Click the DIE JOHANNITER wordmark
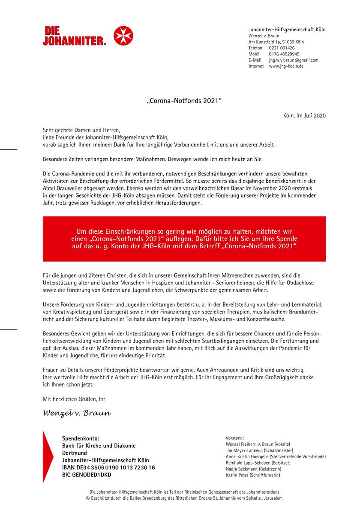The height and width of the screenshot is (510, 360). pos(74,36)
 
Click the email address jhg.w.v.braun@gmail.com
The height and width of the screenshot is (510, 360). pos(294,60)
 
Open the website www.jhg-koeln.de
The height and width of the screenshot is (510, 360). pos(286,66)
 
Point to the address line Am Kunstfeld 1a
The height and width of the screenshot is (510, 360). pos(276,42)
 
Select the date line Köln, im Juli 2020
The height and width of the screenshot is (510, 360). pos(304,116)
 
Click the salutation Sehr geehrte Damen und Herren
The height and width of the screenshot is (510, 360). pos(82,130)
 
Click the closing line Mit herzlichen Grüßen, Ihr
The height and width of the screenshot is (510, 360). pos(74,399)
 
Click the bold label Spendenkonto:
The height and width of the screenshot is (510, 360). pos(81,438)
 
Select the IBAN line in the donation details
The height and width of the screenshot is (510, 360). pos(108,467)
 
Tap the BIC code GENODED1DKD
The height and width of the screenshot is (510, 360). pos(86,474)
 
